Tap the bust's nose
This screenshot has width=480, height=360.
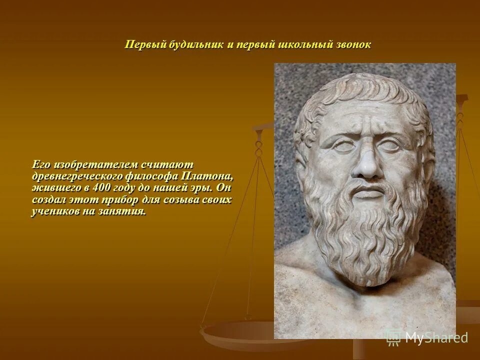[368, 165]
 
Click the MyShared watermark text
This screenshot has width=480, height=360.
[436, 337]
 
